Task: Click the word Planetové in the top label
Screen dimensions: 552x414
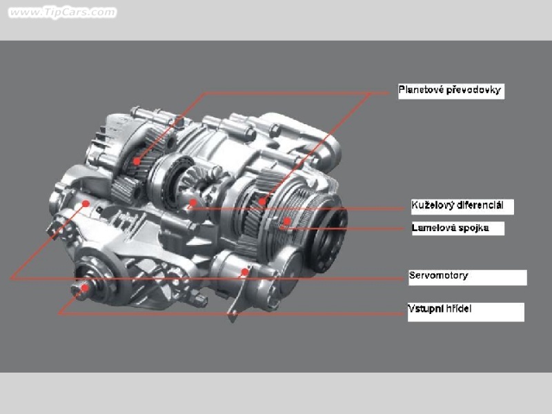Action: [x=421, y=90]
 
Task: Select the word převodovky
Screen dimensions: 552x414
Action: [x=473, y=90]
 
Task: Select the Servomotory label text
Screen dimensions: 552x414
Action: [x=438, y=275]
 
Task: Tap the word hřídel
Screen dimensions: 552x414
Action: [x=458, y=308]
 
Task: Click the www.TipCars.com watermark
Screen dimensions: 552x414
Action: [x=62, y=12]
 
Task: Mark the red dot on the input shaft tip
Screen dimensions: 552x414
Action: [x=84, y=288]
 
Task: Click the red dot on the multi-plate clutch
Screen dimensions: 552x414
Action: [x=287, y=221]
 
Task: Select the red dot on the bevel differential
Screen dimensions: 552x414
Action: [x=193, y=202]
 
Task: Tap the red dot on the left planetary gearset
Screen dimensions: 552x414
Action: [x=137, y=161]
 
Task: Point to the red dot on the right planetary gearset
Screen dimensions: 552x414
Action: [x=262, y=201]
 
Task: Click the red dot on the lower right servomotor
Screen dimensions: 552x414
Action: [x=244, y=272]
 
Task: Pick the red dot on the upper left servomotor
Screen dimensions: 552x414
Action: [x=86, y=203]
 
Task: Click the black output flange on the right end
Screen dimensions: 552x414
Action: [x=330, y=240]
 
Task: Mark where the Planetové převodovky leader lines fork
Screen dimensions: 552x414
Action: [x=370, y=94]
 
